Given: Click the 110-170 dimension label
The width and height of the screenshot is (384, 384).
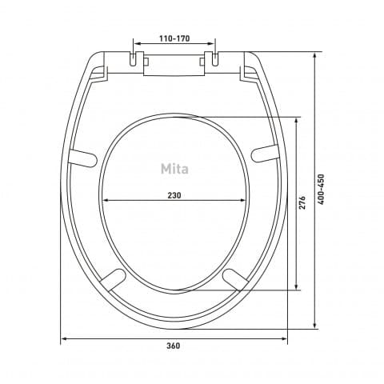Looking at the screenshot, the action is click(x=174, y=38).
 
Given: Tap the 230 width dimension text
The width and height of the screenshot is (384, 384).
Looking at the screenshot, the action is click(x=174, y=195).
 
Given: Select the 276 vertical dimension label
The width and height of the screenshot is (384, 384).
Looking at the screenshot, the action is click(x=302, y=202).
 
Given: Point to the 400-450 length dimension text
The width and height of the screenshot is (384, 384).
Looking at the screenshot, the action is click(x=322, y=190).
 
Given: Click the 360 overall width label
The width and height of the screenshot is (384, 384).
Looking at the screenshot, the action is click(x=174, y=346).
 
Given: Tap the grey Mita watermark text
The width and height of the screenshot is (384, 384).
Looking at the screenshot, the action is click(x=174, y=169).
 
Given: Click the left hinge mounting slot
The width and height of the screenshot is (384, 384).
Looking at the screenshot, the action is click(x=133, y=59).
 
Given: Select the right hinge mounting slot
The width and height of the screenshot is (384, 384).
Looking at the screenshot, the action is click(x=215, y=59).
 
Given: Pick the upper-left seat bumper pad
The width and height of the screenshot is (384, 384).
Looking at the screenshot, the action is click(x=82, y=158).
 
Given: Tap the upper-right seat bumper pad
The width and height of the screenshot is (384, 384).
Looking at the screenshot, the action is click(x=265, y=154).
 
